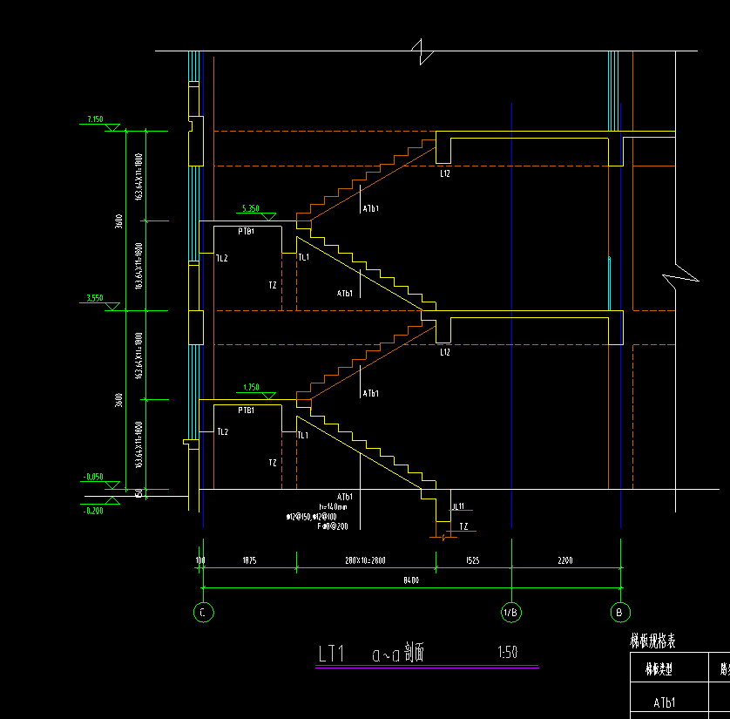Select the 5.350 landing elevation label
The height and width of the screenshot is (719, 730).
pyautogui.click(x=250, y=208)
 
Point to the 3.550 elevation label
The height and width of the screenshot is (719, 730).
pyautogui.click(x=95, y=298)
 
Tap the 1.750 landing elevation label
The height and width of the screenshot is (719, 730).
pyautogui.click(x=251, y=387)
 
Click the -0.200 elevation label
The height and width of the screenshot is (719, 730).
pyautogui.click(x=93, y=511)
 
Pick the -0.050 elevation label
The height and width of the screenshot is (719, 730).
pyautogui.click(x=93, y=477)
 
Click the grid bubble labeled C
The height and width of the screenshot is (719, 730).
pyautogui.click(x=202, y=613)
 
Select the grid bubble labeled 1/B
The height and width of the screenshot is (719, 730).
pyautogui.click(x=511, y=613)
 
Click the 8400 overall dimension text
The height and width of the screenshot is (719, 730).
pyautogui.click(x=411, y=580)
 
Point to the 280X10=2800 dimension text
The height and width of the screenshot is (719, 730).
pyautogui.click(x=366, y=560)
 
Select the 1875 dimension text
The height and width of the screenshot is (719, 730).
pyautogui.click(x=249, y=560)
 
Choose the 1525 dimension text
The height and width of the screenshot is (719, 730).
pyautogui.click(x=473, y=560)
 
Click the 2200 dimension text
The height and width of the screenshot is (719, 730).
pyautogui.click(x=565, y=560)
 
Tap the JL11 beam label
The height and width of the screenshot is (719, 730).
pyautogui.click(x=458, y=506)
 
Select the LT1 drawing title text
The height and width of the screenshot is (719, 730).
pyautogui.click(x=332, y=654)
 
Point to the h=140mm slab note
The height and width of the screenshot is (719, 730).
pyautogui.click(x=333, y=506)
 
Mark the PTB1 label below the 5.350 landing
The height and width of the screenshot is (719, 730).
pyautogui.click(x=247, y=232)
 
